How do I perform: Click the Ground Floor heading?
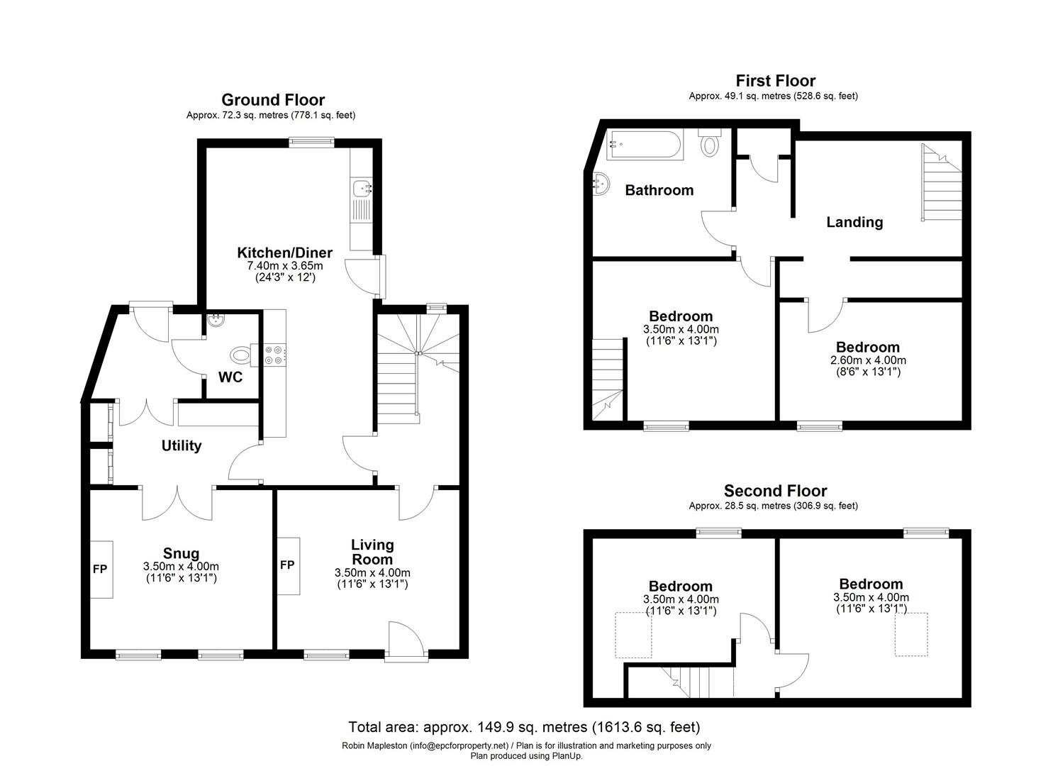point(273,100)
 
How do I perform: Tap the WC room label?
point(230,377)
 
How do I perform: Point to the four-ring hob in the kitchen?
point(274,355)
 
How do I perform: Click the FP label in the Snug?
point(100,570)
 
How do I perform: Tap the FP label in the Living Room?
point(287,565)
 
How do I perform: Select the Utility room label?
point(182,446)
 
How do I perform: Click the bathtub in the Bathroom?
point(646,145)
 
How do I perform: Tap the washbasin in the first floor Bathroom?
point(601,184)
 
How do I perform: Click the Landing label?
point(854,222)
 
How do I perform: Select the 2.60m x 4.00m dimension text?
point(868,360)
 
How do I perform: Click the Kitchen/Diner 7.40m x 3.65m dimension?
point(285,266)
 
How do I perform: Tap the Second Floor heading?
point(775,491)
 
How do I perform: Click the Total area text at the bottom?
point(524,728)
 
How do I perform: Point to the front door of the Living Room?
point(406,641)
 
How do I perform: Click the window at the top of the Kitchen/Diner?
point(312,142)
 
